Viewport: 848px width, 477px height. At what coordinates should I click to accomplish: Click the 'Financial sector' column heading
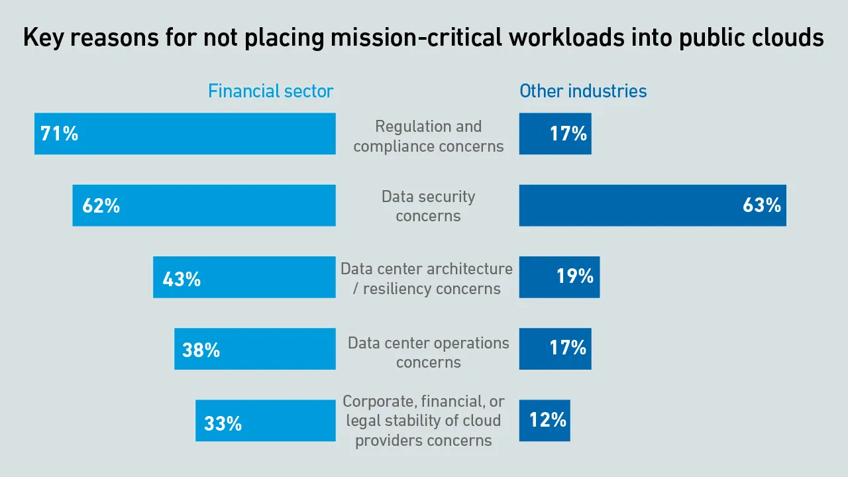(x=270, y=91)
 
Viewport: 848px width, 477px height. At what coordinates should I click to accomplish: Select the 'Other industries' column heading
(x=583, y=91)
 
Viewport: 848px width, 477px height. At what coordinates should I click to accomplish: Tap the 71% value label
(x=60, y=134)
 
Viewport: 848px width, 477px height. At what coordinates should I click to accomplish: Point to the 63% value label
(x=761, y=205)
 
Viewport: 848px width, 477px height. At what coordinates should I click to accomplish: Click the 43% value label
(x=182, y=279)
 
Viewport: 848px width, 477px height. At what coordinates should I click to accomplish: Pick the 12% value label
(x=548, y=420)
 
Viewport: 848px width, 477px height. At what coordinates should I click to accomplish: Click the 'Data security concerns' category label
(x=428, y=206)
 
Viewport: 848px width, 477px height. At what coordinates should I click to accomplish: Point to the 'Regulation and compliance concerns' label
(x=428, y=136)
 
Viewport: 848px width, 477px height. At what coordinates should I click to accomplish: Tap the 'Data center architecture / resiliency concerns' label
(x=427, y=278)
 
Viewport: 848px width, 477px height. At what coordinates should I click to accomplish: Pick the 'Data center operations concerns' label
(x=428, y=352)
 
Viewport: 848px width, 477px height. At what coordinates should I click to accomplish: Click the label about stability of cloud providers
(x=424, y=421)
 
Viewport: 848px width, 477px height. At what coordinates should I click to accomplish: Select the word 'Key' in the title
(x=43, y=38)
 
